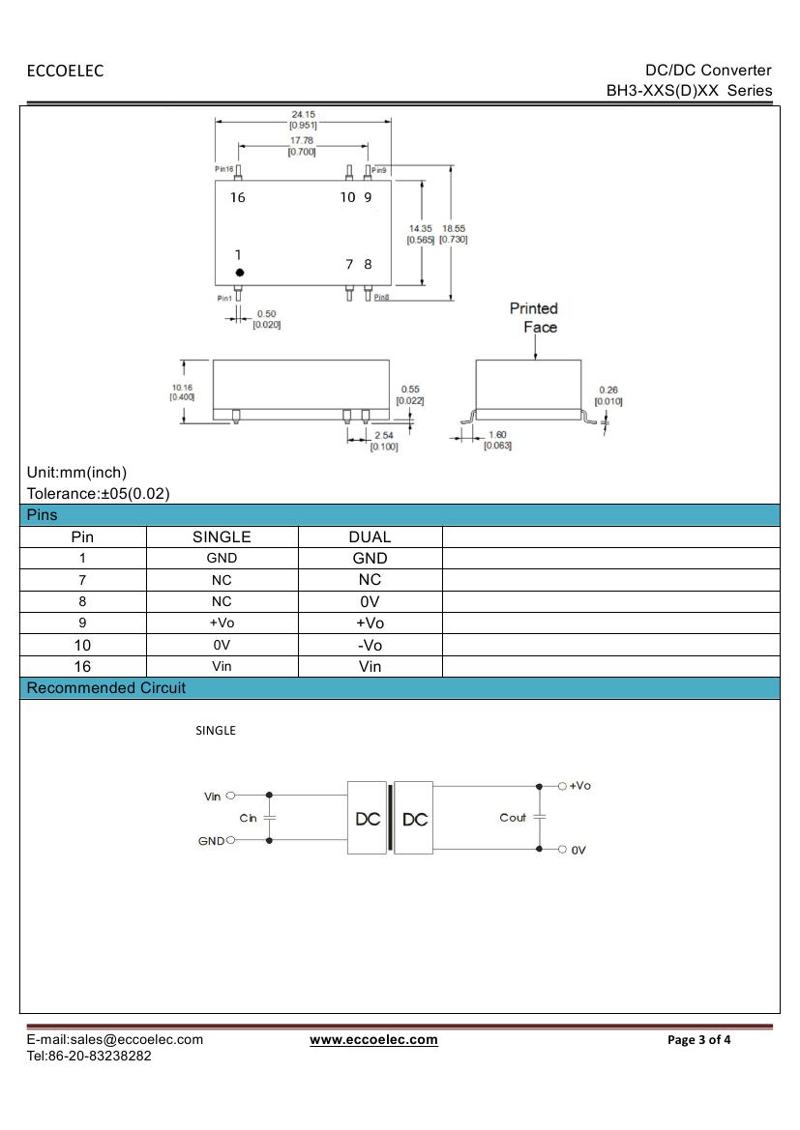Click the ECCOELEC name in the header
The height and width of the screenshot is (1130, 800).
point(65,71)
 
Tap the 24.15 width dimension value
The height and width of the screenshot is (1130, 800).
point(303,114)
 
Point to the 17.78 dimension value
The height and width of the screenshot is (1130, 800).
point(302,140)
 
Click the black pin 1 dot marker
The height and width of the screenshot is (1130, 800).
point(240,273)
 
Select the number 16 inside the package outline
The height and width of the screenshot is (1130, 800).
point(238,197)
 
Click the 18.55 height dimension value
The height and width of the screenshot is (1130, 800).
point(453,229)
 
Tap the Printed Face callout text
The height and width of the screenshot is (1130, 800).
point(535,317)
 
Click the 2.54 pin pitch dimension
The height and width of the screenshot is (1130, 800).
point(384,436)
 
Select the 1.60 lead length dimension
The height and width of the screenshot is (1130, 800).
point(497,435)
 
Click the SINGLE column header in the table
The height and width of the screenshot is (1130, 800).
point(222,536)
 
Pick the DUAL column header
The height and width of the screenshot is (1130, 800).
point(370,536)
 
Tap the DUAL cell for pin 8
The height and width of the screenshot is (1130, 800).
point(370,601)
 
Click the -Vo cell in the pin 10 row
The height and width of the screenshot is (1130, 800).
point(370,645)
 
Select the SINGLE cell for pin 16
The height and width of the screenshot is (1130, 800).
point(222,666)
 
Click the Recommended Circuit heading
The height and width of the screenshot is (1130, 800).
point(106,688)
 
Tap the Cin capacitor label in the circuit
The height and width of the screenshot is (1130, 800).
point(249,818)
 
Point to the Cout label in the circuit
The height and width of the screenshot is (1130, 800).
point(513,818)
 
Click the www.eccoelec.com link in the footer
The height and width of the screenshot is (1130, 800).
point(373,1040)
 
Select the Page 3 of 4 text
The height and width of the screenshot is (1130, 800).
point(699,1040)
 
